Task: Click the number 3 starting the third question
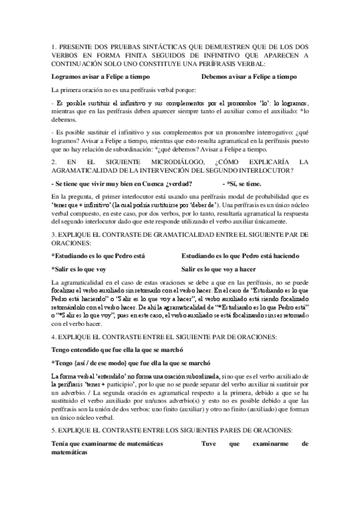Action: click(53, 233)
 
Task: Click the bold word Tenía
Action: click(61, 443)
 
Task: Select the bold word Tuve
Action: click(207, 443)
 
